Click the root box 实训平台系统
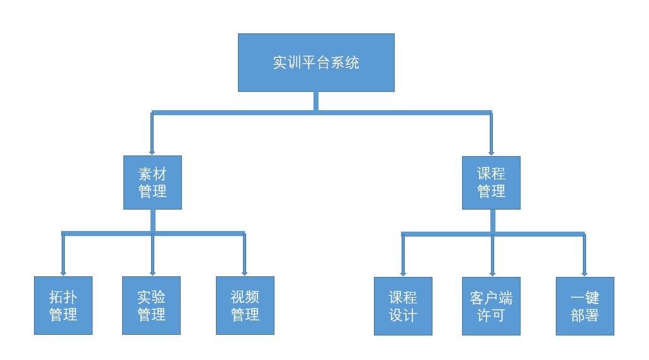click(316, 62)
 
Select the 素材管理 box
click(153, 183)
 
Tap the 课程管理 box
click(491, 183)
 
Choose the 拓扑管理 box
click(64, 305)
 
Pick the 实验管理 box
click(152, 305)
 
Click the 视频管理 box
click(245, 305)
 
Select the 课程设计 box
click(403, 307)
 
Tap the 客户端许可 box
click(491, 307)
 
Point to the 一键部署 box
click(585, 307)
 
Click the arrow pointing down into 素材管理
click(152, 133)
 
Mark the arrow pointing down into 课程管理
click(491, 134)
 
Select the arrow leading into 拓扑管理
click(63, 254)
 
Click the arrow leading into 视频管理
click(245, 254)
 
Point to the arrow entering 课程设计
click(403, 256)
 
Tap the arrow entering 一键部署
click(584, 256)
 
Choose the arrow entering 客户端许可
click(492, 256)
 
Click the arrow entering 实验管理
click(153, 254)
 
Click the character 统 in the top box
click(353, 62)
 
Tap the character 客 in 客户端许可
click(477, 298)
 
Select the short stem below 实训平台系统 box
click(316, 101)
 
